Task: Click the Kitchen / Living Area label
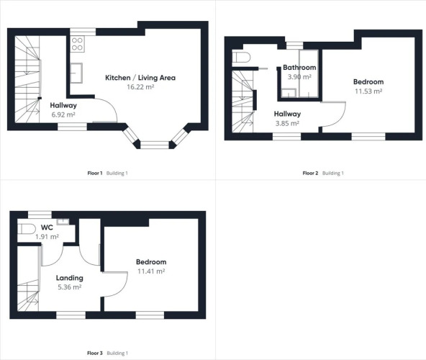point(140,78)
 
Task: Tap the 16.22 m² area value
point(140,87)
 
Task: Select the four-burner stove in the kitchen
point(77,44)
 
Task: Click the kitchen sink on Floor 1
point(76,73)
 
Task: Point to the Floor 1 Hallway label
point(63,106)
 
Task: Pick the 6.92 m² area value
point(63,114)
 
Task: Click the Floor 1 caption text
point(95,173)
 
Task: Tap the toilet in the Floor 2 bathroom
point(241,58)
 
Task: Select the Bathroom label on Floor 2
point(299,68)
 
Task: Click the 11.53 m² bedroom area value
point(368,91)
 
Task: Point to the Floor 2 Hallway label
point(287,114)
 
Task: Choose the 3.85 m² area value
point(287,123)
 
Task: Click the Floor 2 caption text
point(310,173)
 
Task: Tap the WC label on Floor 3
point(47,228)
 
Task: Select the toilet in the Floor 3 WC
point(27,229)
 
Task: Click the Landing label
point(70,278)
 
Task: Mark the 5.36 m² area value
point(70,287)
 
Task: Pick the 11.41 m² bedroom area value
point(151,271)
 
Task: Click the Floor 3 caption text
point(95,353)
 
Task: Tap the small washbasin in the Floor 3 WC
point(63,221)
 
